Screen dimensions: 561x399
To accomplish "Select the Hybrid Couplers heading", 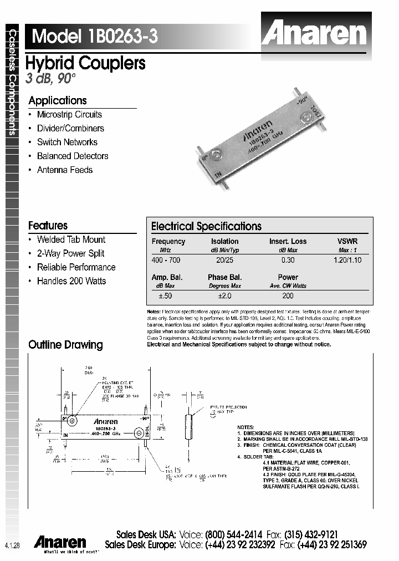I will click(x=86, y=63).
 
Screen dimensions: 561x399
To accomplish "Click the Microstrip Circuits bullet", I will click(x=69, y=115).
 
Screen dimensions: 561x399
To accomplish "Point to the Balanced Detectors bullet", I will click(x=73, y=156).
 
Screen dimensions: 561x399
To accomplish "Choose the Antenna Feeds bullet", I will click(x=65, y=170).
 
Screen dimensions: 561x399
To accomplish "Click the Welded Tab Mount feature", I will click(x=71, y=239).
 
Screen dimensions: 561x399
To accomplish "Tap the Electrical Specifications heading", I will click(x=206, y=226).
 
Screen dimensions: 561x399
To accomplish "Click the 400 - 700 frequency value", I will click(x=166, y=260).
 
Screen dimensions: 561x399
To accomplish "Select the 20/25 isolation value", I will click(x=224, y=260).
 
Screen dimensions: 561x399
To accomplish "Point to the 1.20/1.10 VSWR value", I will click(x=347, y=260).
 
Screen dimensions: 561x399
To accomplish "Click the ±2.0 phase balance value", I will click(x=224, y=295).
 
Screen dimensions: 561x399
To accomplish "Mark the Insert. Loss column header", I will click(x=288, y=242).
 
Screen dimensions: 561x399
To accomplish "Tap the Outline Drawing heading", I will click(x=65, y=345).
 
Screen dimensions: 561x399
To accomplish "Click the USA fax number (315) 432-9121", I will click(x=311, y=535).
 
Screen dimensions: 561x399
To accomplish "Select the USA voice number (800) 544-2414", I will click(x=233, y=535).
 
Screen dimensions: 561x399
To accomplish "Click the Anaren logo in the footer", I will click(x=60, y=542).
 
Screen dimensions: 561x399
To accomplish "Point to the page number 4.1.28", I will click(x=12, y=546).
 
